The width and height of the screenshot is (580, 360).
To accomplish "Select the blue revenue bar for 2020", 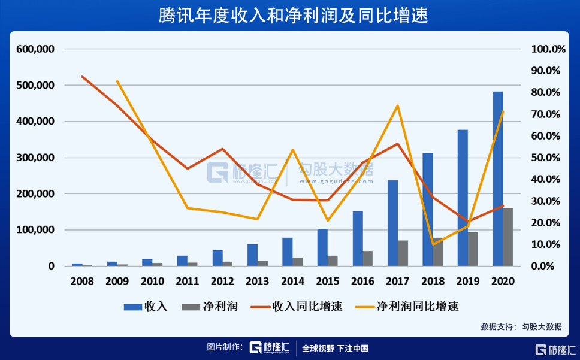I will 498,179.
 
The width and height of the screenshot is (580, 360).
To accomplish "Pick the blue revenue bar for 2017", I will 392,223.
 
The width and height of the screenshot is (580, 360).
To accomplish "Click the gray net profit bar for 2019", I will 473,249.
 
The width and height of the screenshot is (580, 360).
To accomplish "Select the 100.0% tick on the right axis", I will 548,49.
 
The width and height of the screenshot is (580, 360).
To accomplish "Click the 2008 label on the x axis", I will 83,280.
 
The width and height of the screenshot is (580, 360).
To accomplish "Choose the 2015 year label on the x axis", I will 328,280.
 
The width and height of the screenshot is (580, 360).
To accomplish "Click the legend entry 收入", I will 146,307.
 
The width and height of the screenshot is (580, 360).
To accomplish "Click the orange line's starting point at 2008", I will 83,77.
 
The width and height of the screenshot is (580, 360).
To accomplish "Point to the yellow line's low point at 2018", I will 433,244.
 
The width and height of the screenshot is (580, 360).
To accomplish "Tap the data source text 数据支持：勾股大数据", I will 521,327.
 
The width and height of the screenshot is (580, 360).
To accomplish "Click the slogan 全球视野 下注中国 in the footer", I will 335,348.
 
